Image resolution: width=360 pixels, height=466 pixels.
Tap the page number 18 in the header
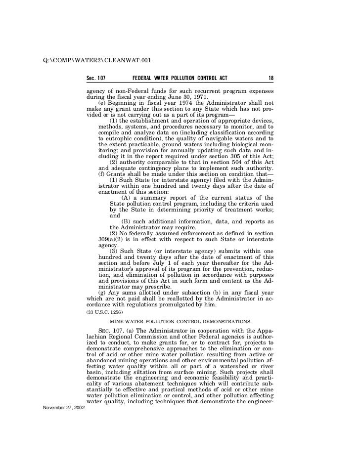click(x=271, y=79)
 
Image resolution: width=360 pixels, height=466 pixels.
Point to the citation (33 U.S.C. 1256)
click(x=101, y=312)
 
